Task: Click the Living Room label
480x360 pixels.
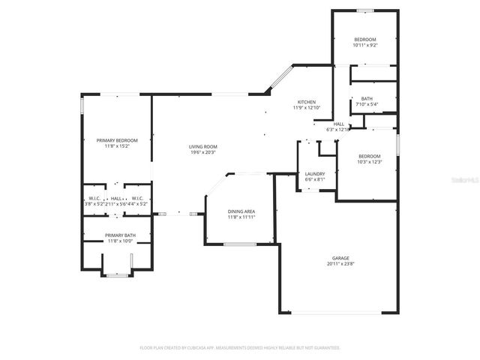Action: click(x=202, y=146)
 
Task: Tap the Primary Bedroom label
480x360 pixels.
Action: click(x=116, y=140)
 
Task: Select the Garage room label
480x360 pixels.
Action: click(x=341, y=258)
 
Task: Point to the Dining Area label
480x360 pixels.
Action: click(x=241, y=211)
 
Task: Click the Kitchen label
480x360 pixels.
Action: click(x=306, y=102)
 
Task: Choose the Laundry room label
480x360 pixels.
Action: click(x=314, y=173)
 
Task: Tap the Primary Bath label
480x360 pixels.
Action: click(x=119, y=235)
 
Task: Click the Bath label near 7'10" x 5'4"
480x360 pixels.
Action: click(x=367, y=98)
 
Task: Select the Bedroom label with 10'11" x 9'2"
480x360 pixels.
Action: click(x=365, y=39)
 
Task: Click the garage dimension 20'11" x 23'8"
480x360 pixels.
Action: click(x=341, y=264)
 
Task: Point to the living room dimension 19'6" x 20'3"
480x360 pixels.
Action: click(x=202, y=152)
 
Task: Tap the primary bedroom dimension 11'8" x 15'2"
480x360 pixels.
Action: click(x=116, y=146)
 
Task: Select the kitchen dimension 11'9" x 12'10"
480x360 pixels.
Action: click(x=306, y=108)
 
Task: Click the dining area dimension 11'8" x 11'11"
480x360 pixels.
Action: click(x=241, y=217)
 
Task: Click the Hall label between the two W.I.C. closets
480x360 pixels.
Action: click(x=116, y=198)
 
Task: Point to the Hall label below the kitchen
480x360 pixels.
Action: click(x=339, y=124)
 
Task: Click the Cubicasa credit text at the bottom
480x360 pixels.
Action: click(x=240, y=348)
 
